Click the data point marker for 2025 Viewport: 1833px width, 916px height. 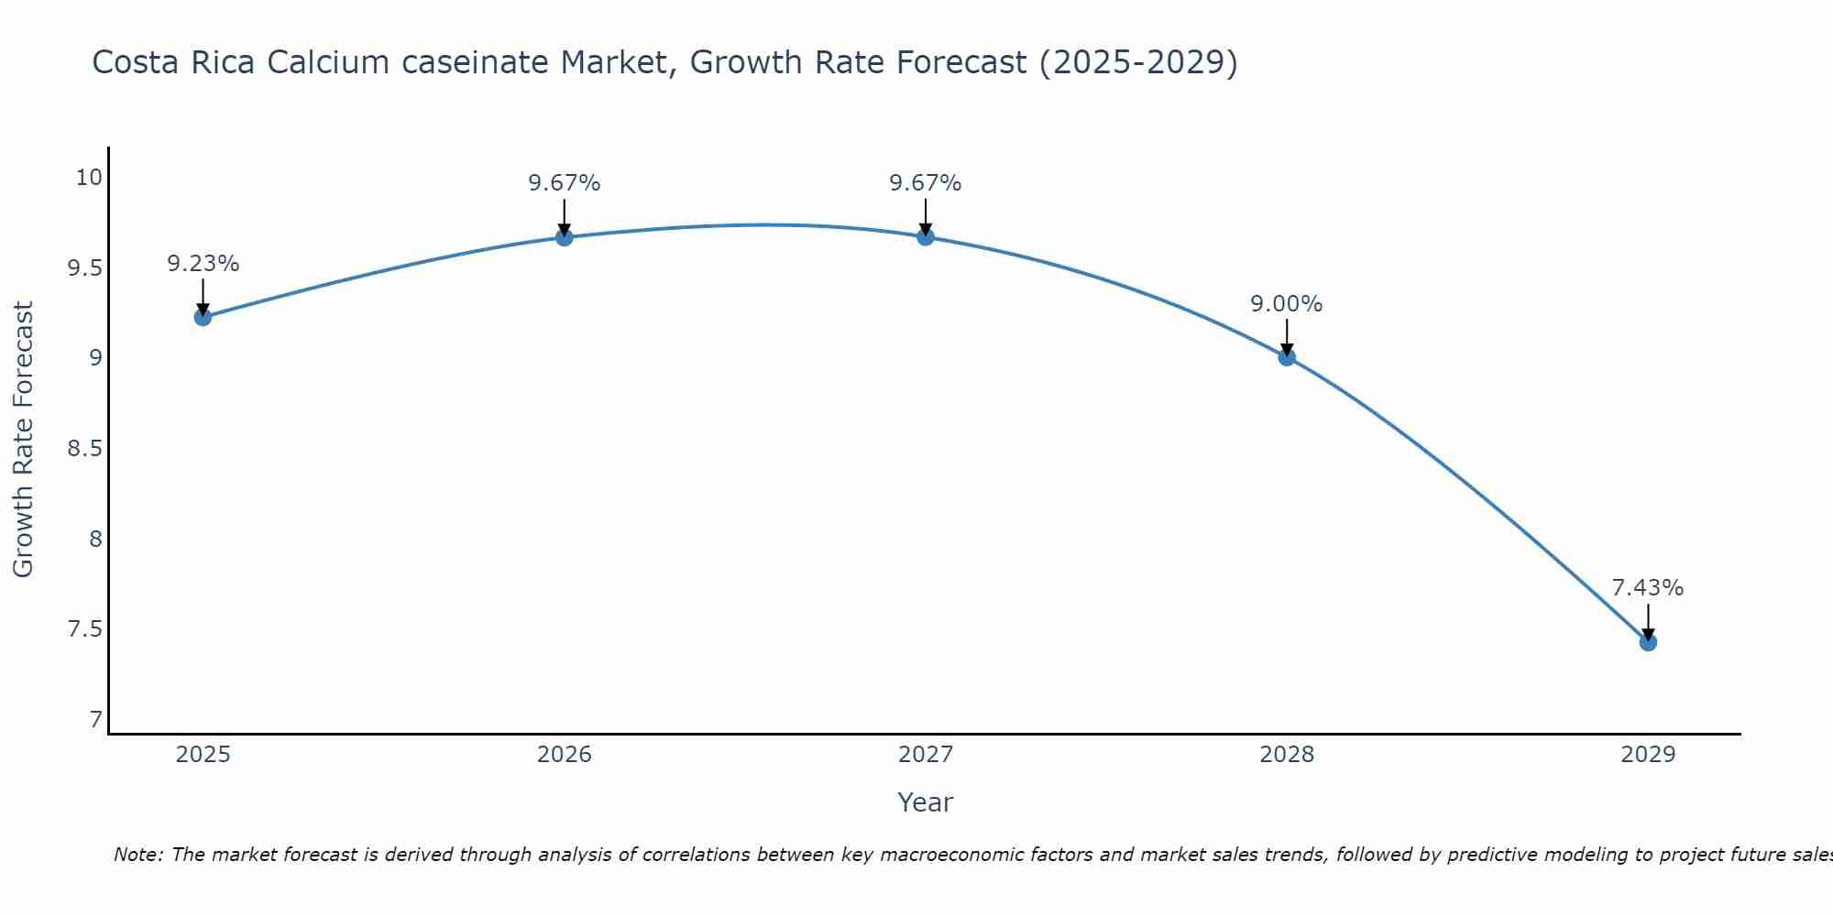tap(203, 317)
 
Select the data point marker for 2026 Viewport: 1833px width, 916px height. tap(565, 237)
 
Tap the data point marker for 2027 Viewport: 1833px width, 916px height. tap(926, 237)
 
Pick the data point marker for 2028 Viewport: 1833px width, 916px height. tap(1287, 357)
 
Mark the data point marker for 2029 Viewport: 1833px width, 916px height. tap(1648, 642)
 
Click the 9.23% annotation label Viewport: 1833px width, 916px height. tap(203, 264)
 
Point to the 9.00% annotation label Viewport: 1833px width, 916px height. tap(1287, 304)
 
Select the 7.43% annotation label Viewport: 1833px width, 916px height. tap(1648, 588)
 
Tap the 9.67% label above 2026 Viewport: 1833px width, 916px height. tap(565, 183)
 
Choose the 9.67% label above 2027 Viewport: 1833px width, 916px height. tap(926, 183)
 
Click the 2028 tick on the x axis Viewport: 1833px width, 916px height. tap(1287, 755)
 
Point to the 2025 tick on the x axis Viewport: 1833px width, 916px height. tap(203, 755)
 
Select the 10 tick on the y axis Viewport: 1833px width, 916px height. tap(89, 178)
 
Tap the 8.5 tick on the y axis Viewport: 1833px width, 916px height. tap(83, 449)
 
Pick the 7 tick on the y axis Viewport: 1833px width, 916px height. tap(96, 720)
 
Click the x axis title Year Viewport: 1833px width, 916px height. tap(926, 802)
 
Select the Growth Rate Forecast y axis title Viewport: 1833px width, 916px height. tap(23, 440)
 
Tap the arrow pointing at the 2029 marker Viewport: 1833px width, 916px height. tap(1648, 623)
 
